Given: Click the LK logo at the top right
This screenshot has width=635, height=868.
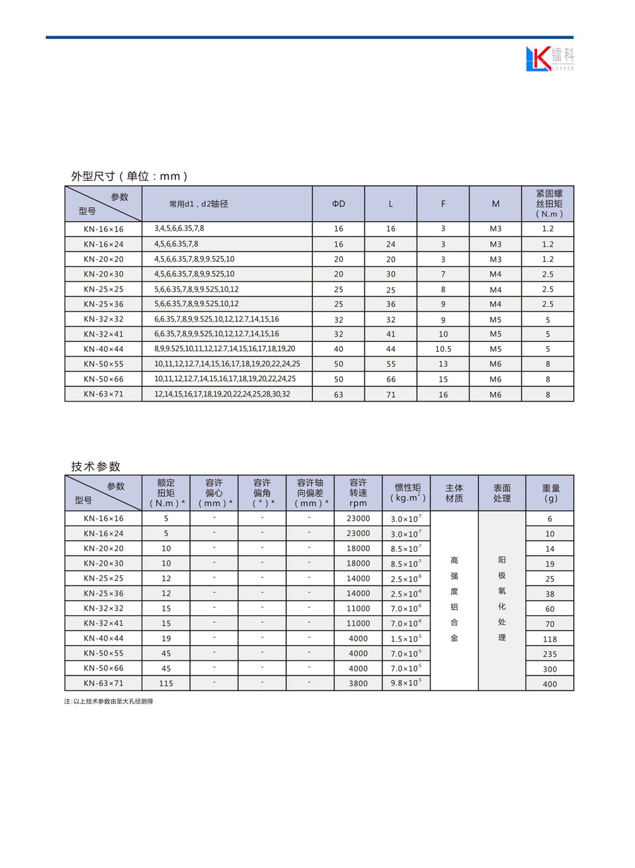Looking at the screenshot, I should tap(549, 58).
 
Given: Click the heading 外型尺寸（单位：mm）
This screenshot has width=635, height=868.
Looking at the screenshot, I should tap(130, 176).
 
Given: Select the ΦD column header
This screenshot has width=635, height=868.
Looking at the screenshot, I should tap(338, 204).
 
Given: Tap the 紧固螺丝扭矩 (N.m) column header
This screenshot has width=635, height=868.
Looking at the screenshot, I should tap(548, 204).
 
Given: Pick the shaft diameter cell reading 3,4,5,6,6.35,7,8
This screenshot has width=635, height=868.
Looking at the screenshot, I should tap(179, 228).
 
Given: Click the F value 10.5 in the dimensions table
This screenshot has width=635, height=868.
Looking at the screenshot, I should tap(443, 349).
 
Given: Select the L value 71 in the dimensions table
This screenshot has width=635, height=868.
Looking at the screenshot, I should tap(390, 394).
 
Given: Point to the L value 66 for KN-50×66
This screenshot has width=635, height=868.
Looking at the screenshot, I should tap(390, 379).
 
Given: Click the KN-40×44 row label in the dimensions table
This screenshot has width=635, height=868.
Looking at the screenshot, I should tap(103, 349).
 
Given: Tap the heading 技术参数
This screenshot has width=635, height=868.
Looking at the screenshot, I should tap(96, 466).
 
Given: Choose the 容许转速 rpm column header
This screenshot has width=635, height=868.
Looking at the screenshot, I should tap(358, 493).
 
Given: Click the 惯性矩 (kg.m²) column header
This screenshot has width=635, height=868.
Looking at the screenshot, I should tap(407, 493).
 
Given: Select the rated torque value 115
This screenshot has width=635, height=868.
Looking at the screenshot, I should tap(166, 683).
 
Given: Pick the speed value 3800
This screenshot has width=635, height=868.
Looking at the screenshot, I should tap(358, 683).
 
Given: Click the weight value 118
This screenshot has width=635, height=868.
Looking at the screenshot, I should tap(550, 639).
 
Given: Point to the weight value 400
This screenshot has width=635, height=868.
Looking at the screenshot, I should tap(550, 684).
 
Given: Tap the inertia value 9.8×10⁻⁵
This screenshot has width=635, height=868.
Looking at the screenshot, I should tap(405, 683).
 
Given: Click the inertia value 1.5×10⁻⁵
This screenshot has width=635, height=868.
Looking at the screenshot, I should tap(405, 638).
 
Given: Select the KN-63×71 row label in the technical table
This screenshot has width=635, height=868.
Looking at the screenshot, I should tap(103, 683).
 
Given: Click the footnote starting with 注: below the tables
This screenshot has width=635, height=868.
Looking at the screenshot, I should tap(108, 701).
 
